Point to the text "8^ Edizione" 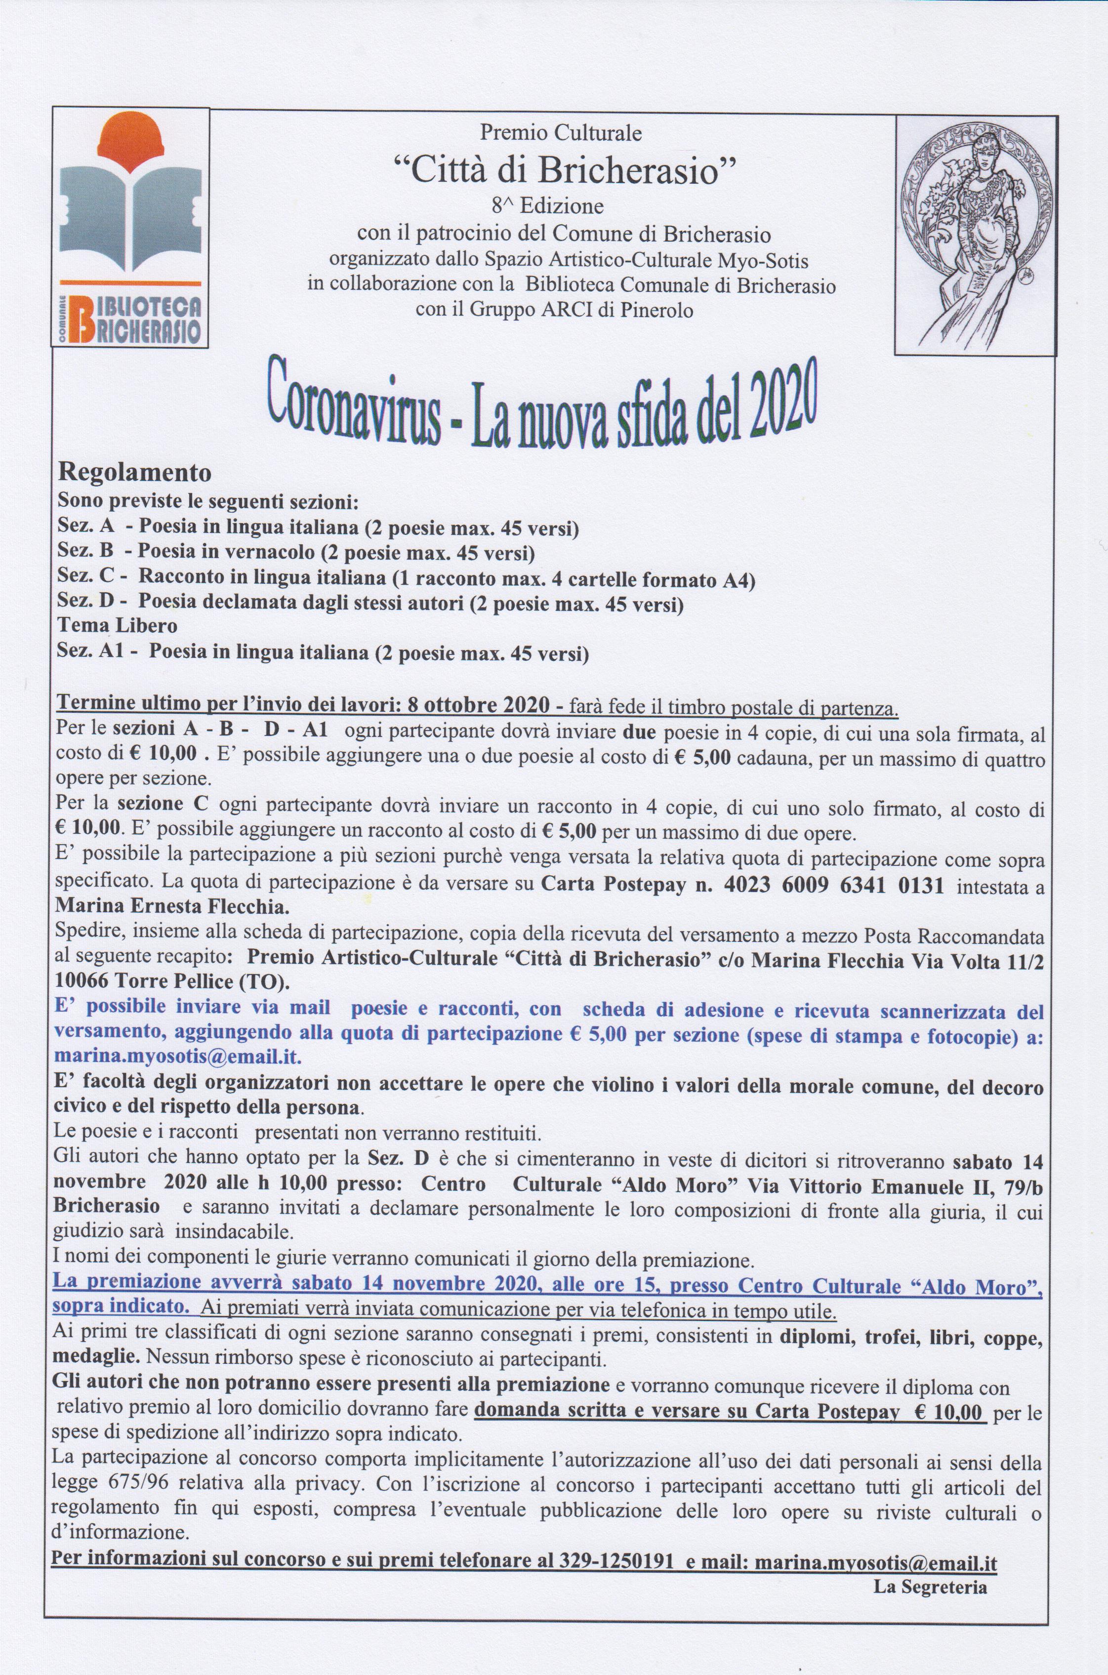click(x=548, y=206)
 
